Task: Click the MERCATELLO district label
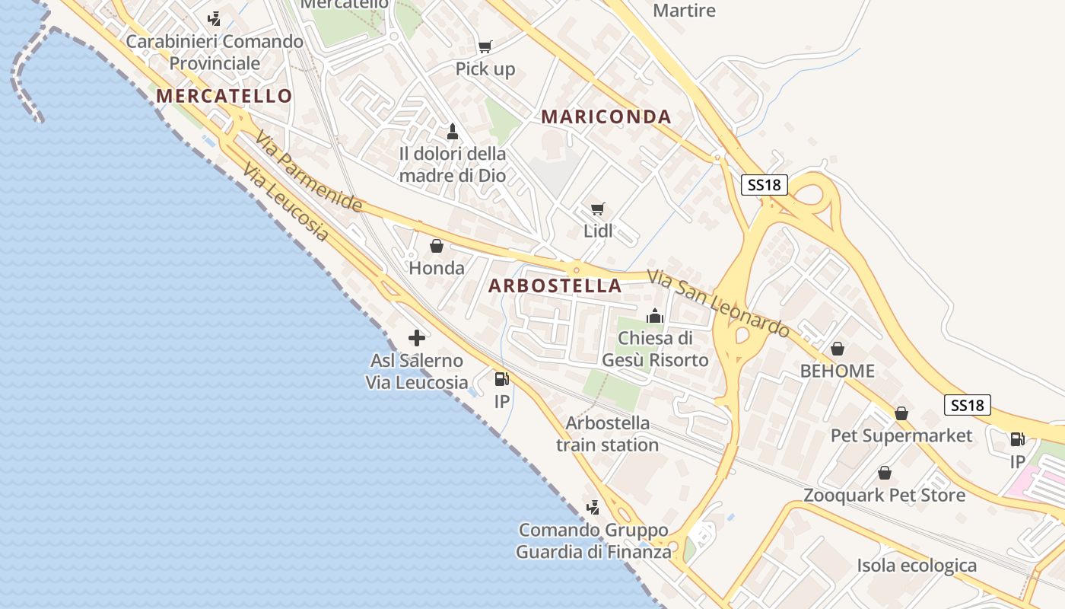point(224,96)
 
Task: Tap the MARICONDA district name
point(606,116)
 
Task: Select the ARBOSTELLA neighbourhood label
point(555,285)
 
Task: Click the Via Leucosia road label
point(286,202)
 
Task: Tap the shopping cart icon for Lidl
point(598,209)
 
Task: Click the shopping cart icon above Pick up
point(485,46)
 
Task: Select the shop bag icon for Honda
point(437,246)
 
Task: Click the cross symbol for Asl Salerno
point(417,338)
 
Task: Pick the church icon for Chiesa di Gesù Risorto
point(655,315)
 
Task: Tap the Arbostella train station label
point(607,434)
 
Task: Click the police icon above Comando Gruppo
point(593,507)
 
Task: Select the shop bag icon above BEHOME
point(838,349)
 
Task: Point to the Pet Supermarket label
point(901,435)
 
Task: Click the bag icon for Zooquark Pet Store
point(885,473)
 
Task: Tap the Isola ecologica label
point(917,566)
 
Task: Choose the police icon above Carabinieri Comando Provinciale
point(215,18)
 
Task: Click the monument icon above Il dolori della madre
point(453,131)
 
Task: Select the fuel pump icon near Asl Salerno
point(501,378)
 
